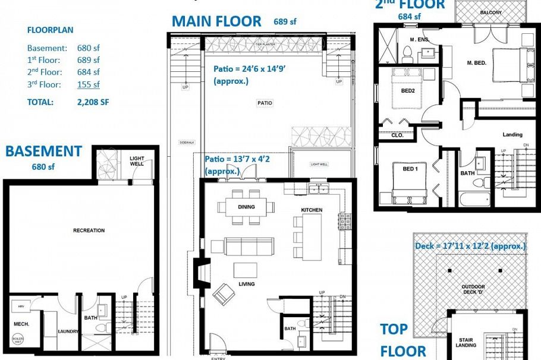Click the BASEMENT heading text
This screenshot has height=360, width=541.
tap(43, 151)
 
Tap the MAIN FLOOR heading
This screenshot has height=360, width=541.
tap(216, 22)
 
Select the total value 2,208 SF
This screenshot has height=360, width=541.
tap(93, 102)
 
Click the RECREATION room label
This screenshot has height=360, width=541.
tap(89, 230)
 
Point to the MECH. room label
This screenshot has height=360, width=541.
tap(21, 324)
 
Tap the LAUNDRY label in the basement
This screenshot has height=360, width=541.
tap(68, 331)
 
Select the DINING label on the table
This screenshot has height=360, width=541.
tap(246, 207)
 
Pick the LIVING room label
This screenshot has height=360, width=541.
tap(246, 284)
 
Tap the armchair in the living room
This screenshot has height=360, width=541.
tap(224, 293)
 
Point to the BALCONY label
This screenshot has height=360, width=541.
tap(490, 12)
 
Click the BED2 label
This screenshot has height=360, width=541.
tap(407, 91)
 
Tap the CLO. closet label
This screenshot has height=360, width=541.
tap(397, 135)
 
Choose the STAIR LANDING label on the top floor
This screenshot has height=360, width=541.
tap(465, 342)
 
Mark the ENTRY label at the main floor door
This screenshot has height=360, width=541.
tap(218, 358)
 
